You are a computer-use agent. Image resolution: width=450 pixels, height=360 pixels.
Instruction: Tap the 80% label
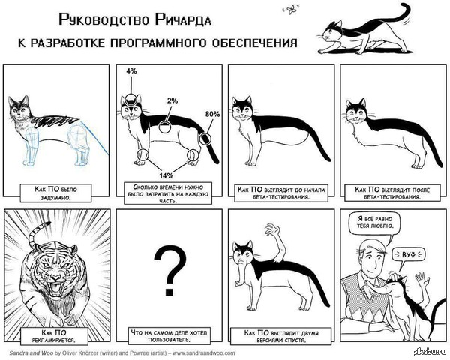[x=213, y=114]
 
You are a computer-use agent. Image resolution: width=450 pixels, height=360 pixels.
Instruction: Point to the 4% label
[x=131, y=71]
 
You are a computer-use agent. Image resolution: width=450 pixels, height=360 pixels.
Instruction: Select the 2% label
[x=172, y=100]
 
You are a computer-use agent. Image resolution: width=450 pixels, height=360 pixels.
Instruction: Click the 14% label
[x=166, y=175]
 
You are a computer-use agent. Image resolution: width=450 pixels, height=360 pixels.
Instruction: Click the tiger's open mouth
[x=56, y=289]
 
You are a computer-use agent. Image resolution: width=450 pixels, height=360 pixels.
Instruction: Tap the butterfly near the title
[x=292, y=9]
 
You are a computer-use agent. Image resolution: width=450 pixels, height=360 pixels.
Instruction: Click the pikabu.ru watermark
[x=429, y=352]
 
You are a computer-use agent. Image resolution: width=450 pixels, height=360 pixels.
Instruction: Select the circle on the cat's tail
[x=205, y=139]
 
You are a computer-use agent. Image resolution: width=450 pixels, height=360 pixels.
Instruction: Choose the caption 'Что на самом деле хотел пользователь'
[x=169, y=337]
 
